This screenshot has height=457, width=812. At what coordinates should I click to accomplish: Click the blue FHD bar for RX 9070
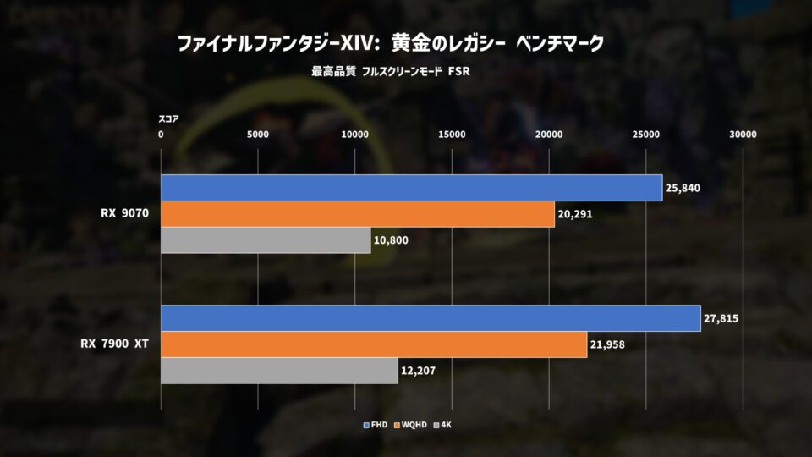pos(412,188)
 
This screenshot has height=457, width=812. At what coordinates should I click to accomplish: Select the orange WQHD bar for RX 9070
pos(358,214)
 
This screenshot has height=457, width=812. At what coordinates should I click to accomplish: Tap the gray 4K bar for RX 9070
pos(266,240)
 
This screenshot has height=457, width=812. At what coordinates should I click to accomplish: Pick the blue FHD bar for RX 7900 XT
pos(431,318)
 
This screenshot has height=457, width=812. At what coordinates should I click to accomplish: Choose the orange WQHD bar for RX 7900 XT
pos(374,344)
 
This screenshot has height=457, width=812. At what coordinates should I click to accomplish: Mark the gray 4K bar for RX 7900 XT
pos(280,371)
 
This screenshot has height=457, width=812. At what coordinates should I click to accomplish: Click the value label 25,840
pos(683,188)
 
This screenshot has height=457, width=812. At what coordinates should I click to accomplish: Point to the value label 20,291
pos(575,214)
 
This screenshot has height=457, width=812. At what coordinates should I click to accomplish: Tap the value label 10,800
pos(391,240)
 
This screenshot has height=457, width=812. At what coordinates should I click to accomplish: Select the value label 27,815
pos(721,319)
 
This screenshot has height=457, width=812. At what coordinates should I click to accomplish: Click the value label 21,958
pos(607,344)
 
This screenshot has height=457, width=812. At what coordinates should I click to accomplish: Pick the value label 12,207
pos(418,371)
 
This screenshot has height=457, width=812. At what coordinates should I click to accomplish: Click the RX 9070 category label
pos(125,213)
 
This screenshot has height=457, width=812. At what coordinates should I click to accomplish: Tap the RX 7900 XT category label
pos(114,344)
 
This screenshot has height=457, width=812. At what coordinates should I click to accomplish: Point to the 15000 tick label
pos(452,135)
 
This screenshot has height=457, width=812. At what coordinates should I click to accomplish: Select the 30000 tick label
pos(743,135)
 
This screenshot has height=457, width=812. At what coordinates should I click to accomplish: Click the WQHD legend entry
pos(410,425)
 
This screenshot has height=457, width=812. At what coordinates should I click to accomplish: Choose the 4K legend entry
pos(442,425)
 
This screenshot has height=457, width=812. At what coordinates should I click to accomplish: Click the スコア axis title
pos(168,119)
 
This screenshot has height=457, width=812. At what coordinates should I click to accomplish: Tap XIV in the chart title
pos(357,43)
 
